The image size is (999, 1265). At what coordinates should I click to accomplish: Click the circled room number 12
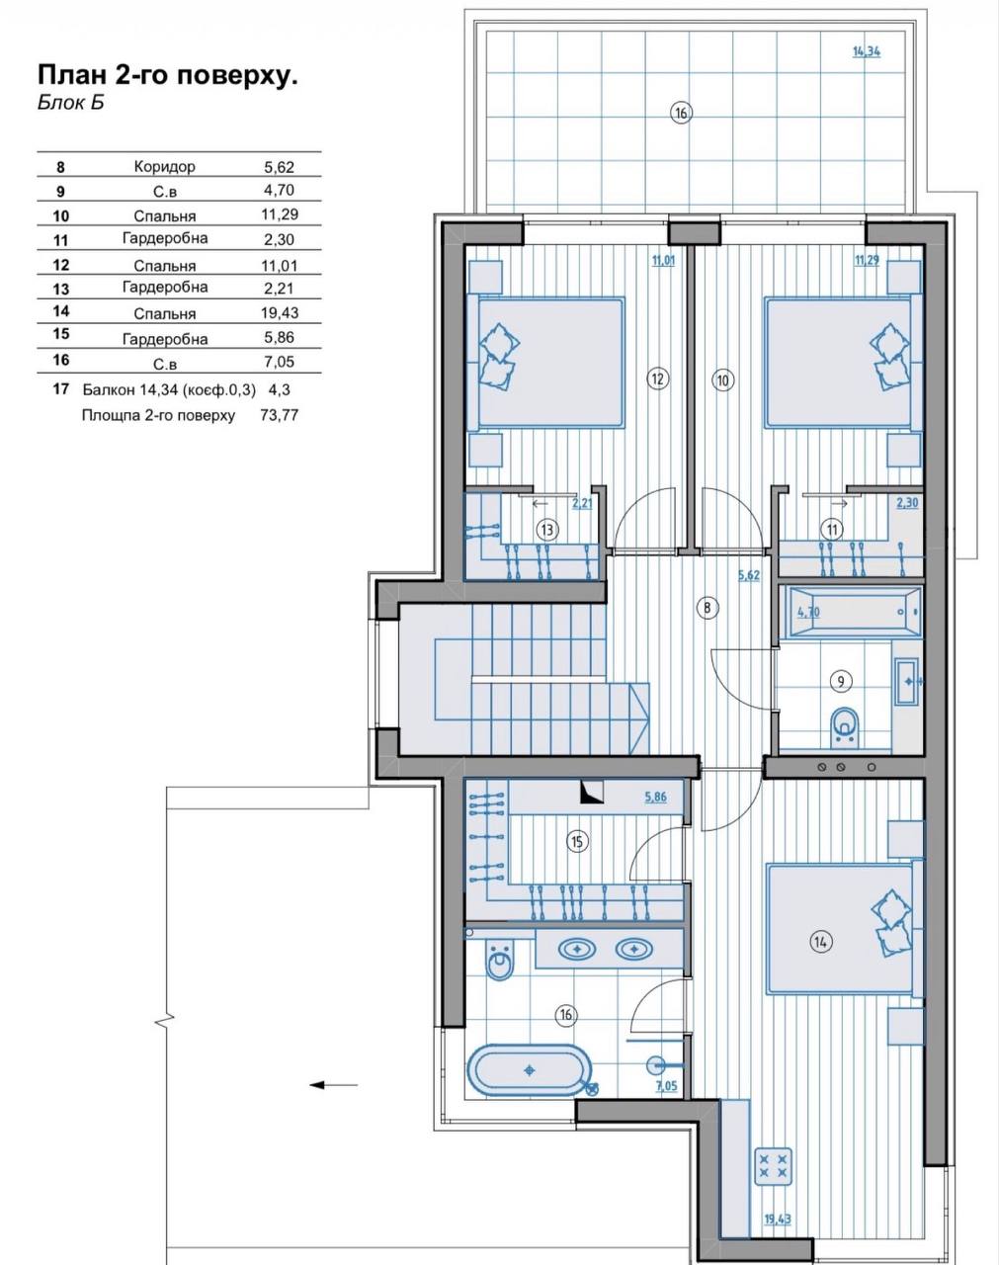pos(657,379)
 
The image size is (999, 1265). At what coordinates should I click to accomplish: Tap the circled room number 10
pos(722,380)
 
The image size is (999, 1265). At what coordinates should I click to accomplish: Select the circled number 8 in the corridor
pos(707,607)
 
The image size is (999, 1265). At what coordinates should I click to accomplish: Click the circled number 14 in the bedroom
pos(820,942)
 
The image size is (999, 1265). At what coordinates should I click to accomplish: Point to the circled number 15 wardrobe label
pos(577,842)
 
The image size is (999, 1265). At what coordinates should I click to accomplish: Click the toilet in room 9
pos(845,727)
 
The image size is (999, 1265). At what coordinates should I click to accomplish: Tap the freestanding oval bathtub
pos(529,1070)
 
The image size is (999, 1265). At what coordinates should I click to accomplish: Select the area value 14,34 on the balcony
pos(867,51)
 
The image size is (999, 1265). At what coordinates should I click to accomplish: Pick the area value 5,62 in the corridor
pos(749,575)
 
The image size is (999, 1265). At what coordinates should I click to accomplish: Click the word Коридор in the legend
pos(165,166)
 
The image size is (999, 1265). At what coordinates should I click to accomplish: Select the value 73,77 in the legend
pos(279,415)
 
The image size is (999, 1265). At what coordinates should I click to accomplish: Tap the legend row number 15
pos(61,333)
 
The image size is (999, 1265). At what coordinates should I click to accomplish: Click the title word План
pos(72,76)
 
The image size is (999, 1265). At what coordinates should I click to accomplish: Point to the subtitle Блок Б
pos(71,102)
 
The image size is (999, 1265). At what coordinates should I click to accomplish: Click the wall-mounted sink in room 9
pos(907,681)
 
